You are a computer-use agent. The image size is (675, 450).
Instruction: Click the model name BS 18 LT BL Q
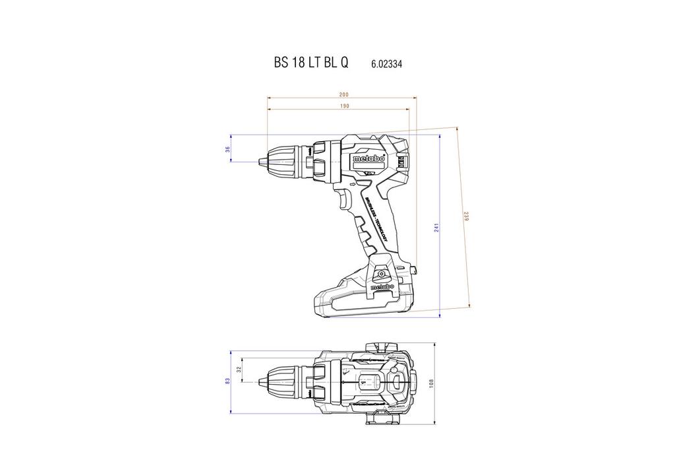(311, 64)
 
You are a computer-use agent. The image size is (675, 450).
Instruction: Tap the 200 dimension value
(343, 94)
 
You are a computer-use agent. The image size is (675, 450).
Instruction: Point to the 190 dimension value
(343, 106)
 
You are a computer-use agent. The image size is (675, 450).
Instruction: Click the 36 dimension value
(228, 150)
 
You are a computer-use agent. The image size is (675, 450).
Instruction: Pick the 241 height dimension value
(436, 228)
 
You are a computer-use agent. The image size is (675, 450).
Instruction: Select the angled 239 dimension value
(466, 216)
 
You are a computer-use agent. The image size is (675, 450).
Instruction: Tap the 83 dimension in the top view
(227, 381)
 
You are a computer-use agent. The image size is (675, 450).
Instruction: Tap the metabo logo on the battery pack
(382, 287)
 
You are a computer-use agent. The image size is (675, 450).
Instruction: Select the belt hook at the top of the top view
(382, 346)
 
